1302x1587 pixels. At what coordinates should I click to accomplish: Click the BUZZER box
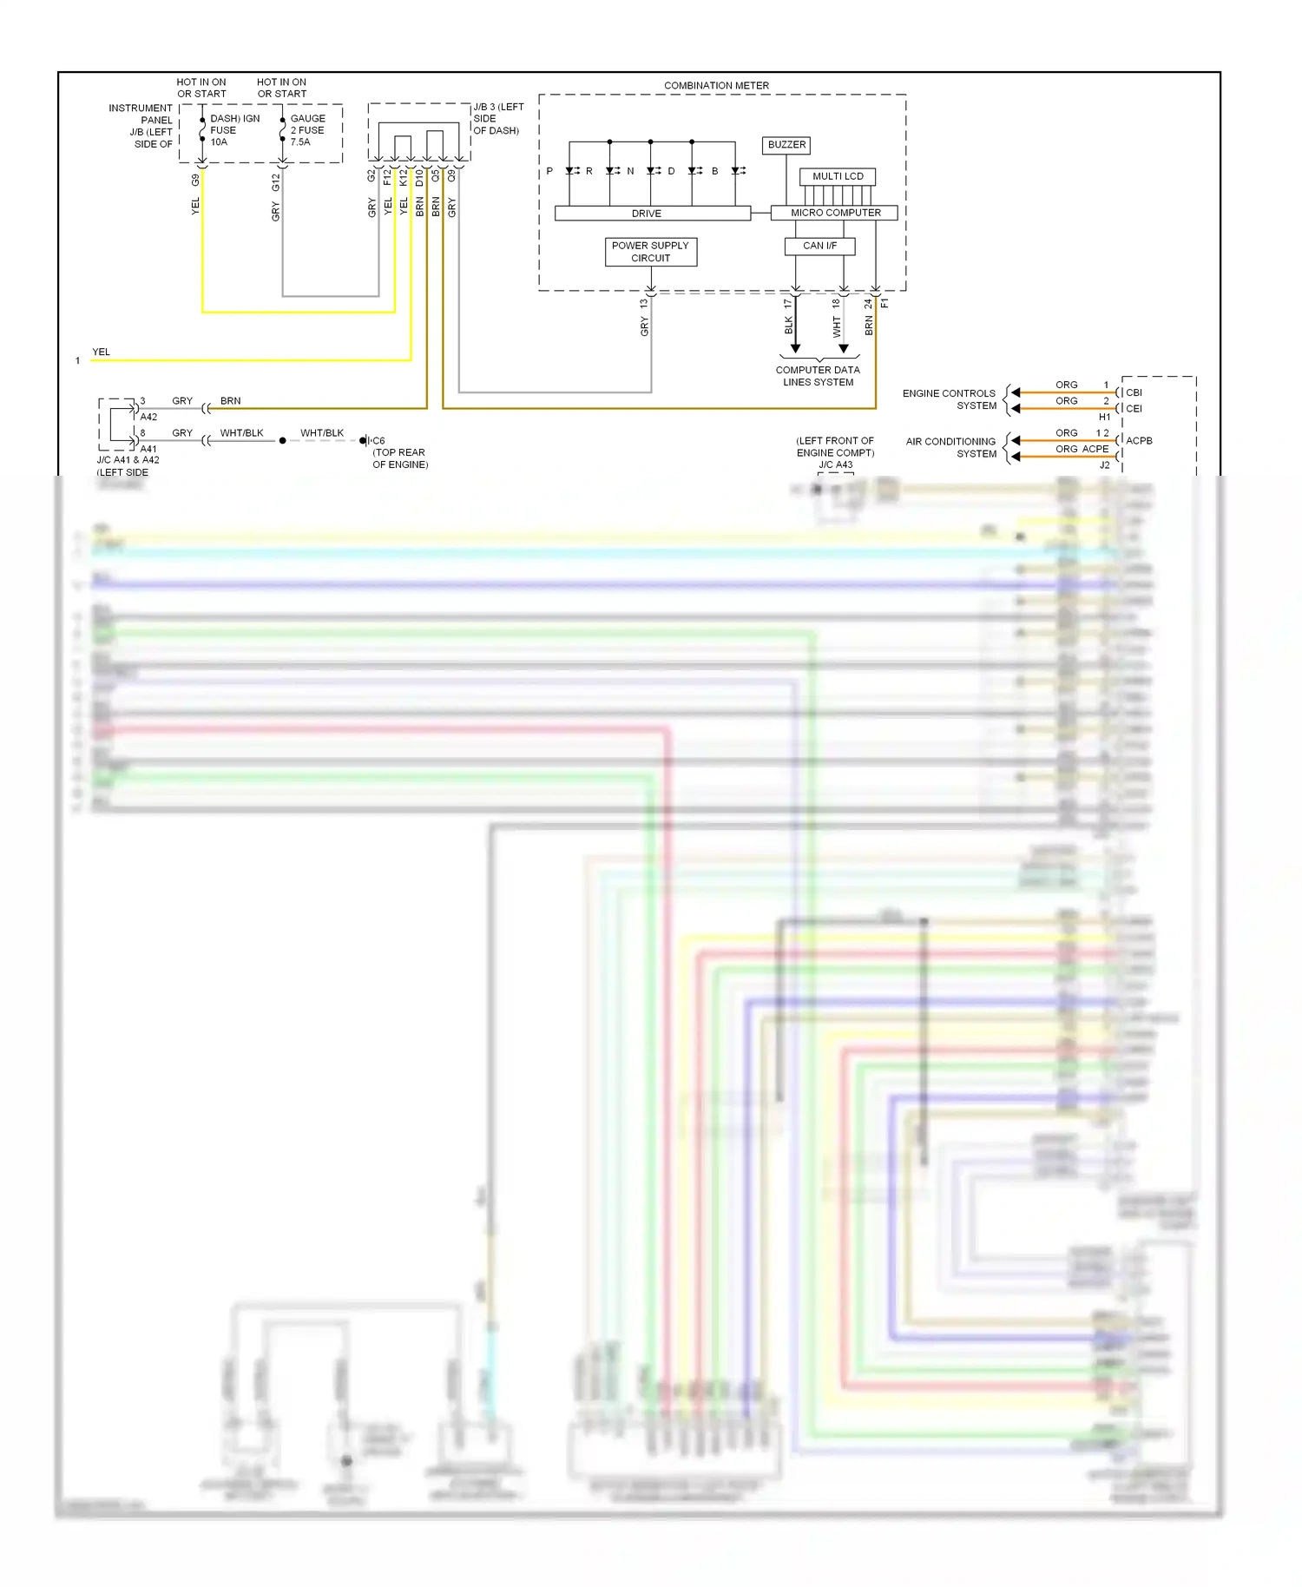click(x=786, y=145)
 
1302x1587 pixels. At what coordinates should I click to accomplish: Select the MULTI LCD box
click(x=838, y=176)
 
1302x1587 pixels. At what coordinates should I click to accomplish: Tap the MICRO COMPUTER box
click(x=835, y=213)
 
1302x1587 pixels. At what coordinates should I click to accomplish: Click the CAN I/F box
click(x=819, y=246)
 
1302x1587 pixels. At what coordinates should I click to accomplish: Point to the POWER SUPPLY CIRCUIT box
click(x=650, y=252)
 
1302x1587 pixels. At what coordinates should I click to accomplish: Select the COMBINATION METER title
click(x=716, y=85)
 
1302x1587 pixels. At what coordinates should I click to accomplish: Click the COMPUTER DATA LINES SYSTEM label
click(x=818, y=376)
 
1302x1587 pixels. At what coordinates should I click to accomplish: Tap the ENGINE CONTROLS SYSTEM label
click(x=950, y=399)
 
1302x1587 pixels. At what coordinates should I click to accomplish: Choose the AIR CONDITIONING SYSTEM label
click(x=951, y=447)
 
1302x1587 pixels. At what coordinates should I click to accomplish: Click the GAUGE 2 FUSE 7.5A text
click(x=307, y=130)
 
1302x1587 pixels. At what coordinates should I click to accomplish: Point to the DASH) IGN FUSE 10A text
click(x=233, y=130)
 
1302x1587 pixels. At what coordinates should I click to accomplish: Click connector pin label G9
click(x=195, y=180)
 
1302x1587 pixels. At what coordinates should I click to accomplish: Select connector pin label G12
click(x=276, y=182)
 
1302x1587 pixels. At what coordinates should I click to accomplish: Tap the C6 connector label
click(x=378, y=441)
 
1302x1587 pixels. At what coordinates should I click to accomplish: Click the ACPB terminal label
click(x=1139, y=441)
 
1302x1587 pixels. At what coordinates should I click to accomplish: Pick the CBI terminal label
click(x=1134, y=392)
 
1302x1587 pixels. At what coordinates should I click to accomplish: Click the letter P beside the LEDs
click(x=549, y=171)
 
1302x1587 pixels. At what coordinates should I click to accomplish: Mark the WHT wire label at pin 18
click(x=837, y=327)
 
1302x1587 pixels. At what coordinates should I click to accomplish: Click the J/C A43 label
click(x=835, y=464)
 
